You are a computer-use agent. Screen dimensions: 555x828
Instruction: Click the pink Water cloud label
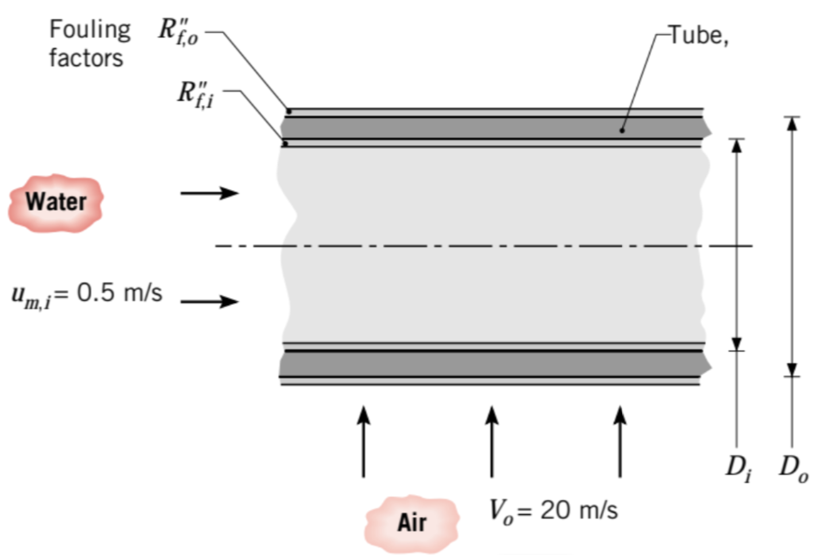(x=56, y=202)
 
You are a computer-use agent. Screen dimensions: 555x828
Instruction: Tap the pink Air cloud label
(x=411, y=522)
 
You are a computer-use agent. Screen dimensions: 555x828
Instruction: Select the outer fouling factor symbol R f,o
(x=178, y=32)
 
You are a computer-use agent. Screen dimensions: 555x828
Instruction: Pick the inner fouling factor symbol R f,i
(x=195, y=94)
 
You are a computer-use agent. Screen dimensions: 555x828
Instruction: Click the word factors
(x=86, y=58)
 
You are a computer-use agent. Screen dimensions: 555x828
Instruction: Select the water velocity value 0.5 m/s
(x=120, y=293)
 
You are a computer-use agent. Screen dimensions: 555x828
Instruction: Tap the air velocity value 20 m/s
(x=579, y=510)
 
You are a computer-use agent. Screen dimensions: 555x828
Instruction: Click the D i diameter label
(x=738, y=468)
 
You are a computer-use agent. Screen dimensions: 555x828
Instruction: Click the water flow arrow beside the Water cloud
(x=209, y=193)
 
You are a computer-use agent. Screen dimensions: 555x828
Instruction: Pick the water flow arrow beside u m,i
(x=209, y=301)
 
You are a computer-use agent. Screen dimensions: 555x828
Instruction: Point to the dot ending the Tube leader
(x=622, y=130)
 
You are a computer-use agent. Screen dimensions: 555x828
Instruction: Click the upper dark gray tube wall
(x=493, y=127)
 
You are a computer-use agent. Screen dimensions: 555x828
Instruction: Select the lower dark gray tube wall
(x=493, y=363)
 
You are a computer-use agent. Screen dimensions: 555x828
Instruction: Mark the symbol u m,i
(x=32, y=295)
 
